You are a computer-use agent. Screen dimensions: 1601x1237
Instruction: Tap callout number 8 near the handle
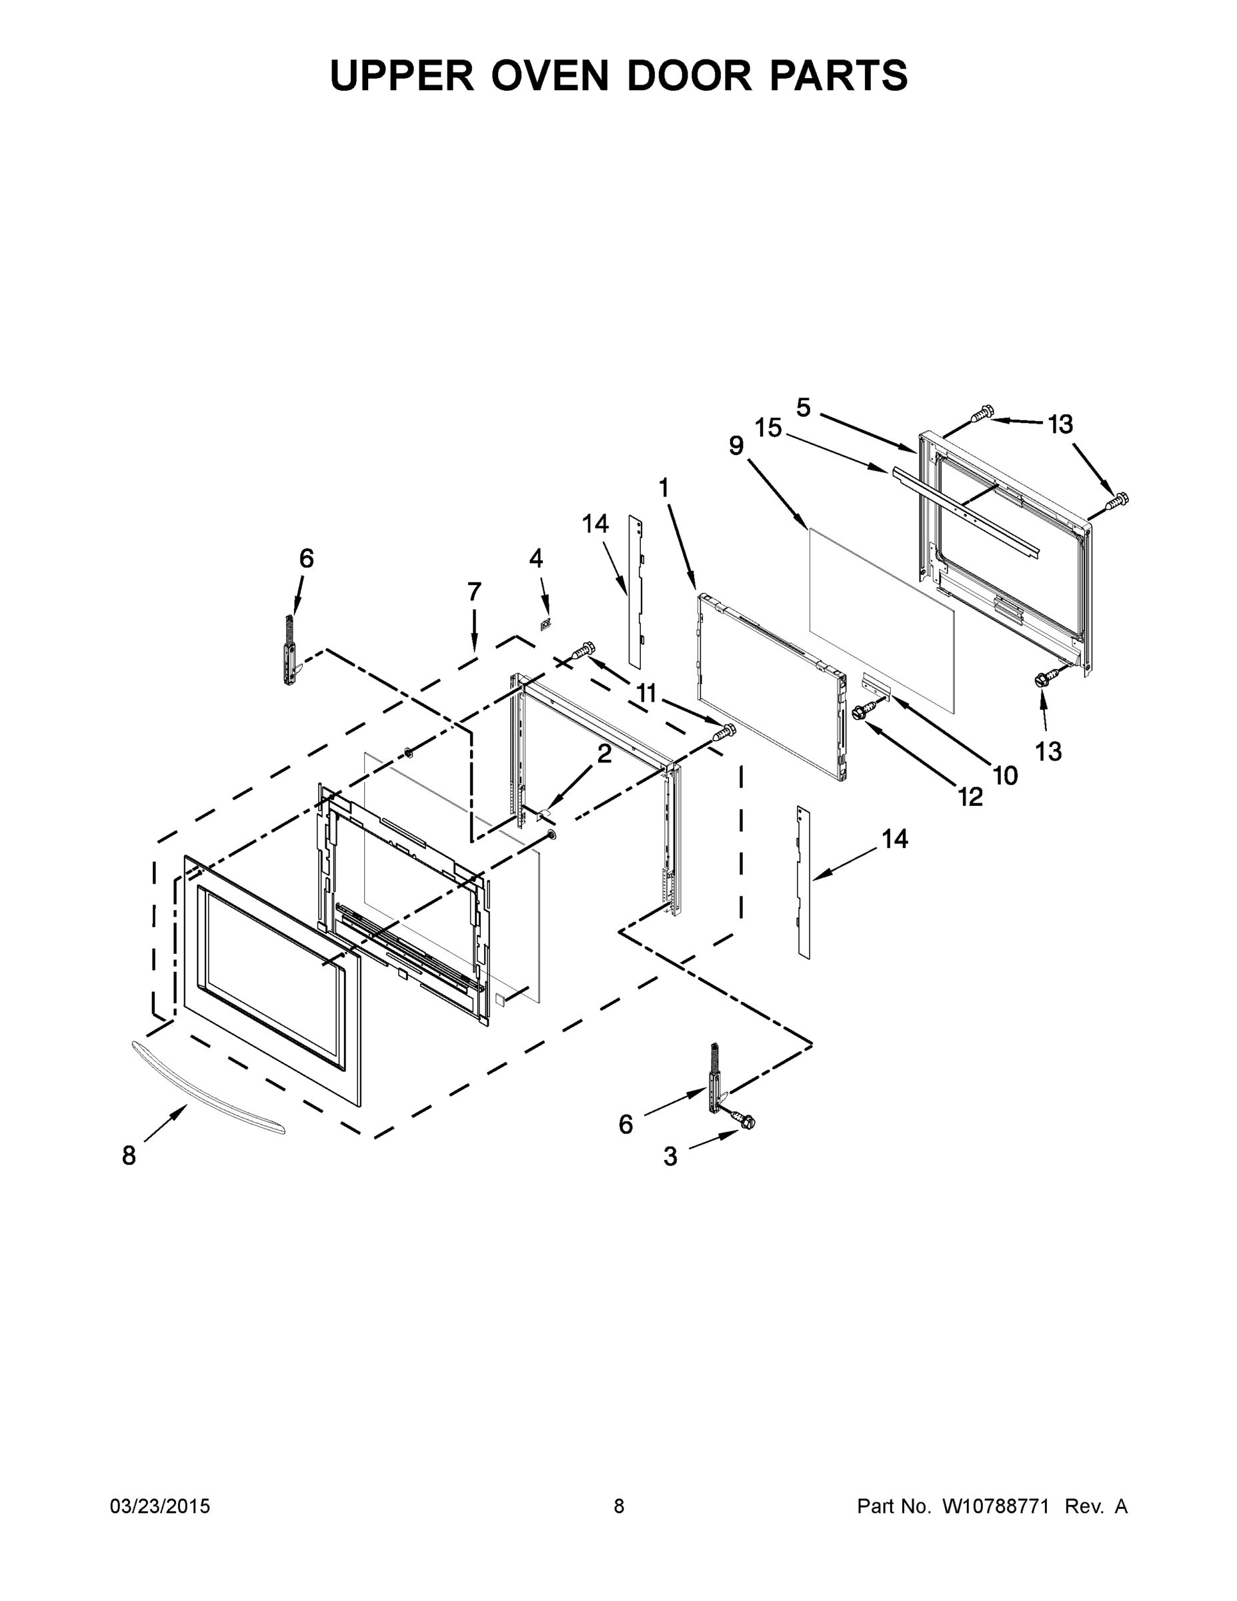coord(129,1156)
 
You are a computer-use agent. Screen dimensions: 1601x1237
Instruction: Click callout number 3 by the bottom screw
coord(670,1157)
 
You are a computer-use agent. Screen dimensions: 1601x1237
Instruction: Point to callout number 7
coord(474,592)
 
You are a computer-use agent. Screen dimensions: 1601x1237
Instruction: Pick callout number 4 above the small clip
coord(535,558)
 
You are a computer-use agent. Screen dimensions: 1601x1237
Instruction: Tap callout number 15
coord(768,428)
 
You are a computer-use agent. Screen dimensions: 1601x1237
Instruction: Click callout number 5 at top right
coord(804,408)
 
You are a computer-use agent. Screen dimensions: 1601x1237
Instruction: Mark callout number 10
coord(1006,775)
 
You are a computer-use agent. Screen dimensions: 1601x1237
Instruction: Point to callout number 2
coord(604,754)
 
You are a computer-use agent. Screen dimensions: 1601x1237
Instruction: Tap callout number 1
coord(664,488)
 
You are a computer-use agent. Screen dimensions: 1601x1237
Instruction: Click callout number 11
coord(646,692)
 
